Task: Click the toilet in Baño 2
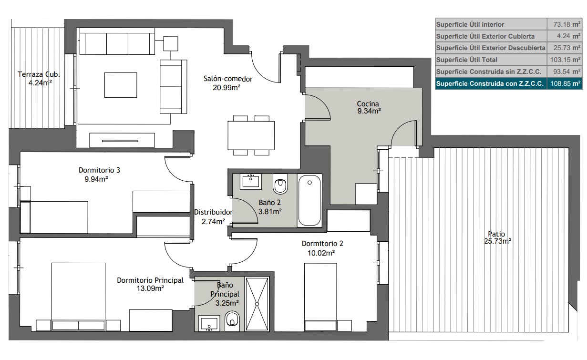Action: [x=280, y=184]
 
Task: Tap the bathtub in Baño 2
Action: [x=309, y=200]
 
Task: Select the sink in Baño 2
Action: [x=251, y=181]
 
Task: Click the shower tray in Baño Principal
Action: [x=257, y=304]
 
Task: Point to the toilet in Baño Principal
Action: [x=232, y=321]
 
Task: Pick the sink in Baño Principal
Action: [x=209, y=323]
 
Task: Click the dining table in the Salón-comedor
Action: [x=251, y=135]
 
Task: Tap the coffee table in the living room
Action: [x=121, y=85]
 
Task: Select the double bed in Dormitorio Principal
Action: [x=78, y=297]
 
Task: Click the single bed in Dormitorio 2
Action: [x=320, y=297]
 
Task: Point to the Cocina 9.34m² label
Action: [x=369, y=107]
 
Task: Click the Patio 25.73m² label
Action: [x=497, y=237]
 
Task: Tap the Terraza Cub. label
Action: [x=39, y=74]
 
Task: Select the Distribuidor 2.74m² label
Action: [x=213, y=216]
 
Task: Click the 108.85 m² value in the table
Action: [x=565, y=83]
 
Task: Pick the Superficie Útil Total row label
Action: [x=466, y=60]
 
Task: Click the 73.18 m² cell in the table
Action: [x=566, y=24]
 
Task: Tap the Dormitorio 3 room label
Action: [x=99, y=170]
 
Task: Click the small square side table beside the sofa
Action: [x=171, y=44]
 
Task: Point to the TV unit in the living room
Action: [x=122, y=140]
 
